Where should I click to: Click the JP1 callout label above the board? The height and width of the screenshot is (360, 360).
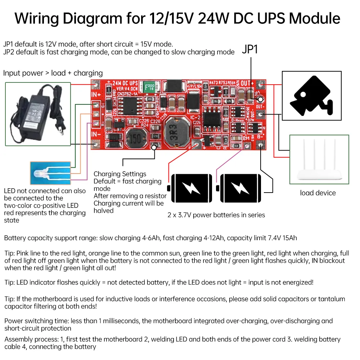coord(250,50)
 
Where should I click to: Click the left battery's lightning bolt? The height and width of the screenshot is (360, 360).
coord(192,187)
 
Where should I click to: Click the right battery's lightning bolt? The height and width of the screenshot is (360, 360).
coord(239,187)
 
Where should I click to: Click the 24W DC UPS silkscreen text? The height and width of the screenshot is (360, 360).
coord(123,83)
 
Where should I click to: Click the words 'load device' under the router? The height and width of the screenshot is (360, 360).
coord(318,193)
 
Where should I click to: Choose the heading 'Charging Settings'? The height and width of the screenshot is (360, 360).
coord(120,174)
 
